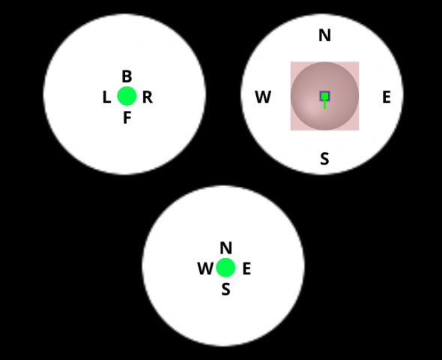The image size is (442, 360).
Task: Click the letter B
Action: pos(127,76)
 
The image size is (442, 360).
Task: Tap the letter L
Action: pos(106,97)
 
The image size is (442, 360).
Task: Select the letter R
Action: pos(148,97)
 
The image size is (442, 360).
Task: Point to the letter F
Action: pos(127,118)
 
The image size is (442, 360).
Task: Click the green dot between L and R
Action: pos(127,96)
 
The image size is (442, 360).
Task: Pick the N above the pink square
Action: pos(324,36)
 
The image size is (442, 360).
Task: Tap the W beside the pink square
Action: pos(263,97)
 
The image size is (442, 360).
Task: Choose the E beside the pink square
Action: pos(387,97)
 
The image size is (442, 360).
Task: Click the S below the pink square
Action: pos(324,158)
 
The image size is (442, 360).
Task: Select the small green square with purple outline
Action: pos(324,96)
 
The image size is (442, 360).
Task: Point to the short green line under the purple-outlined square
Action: pos(324,105)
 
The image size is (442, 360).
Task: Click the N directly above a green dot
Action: pos(225,248)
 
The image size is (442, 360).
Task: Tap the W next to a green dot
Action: pos(205,268)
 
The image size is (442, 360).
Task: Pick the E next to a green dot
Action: pos(246,268)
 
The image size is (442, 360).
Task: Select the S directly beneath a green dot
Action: pos(225,289)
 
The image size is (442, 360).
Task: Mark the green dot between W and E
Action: pos(225,268)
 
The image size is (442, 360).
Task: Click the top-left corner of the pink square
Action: pos(291,61)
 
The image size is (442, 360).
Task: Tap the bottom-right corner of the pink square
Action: pos(359,130)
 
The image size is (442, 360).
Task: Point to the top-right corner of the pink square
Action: pos(359,61)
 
